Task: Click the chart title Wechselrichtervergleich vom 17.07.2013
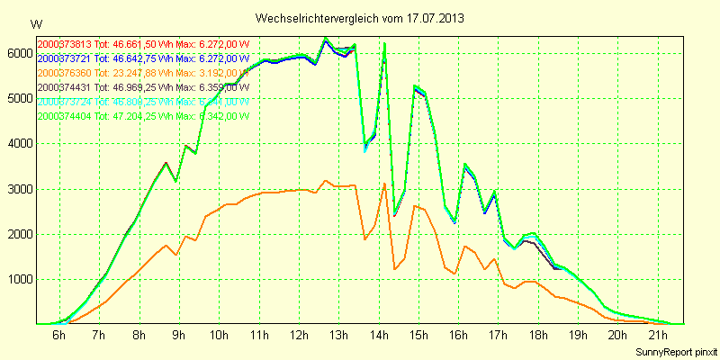pyautogui.click(x=359, y=18)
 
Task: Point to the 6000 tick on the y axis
pyautogui.click(x=17, y=54)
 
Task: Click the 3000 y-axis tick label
pyautogui.click(x=17, y=190)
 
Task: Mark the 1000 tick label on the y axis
pyautogui.click(x=17, y=280)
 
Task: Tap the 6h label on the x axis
pyautogui.click(x=58, y=337)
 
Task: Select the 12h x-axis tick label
pyautogui.click(x=298, y=337)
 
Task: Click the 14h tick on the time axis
pyautogui.click(x=378, y=337)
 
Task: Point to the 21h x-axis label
pyautogui.click(x=657, y=337)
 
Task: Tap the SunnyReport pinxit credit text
pyautogui.click(x=674, y=350)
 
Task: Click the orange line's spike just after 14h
pyautogui.click(x=385, y=184)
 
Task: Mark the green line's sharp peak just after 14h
pyautogui.click(x=385, y=43)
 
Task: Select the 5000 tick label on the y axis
pyautogui.click(x=17, y=99)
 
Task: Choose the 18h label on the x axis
pyautogui.click(x=537, y=337)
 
